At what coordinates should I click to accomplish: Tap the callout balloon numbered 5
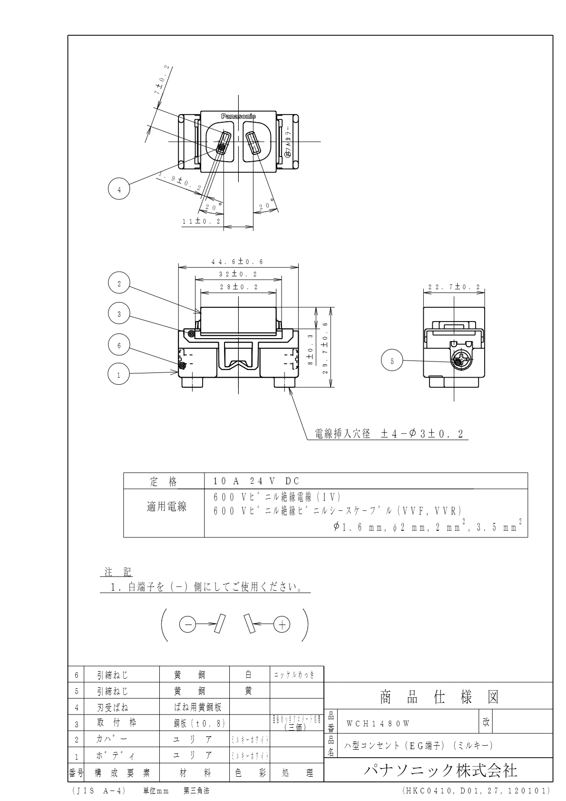pyautogui.click(x=392, y=361)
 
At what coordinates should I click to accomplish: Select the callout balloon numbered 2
pyautogui.click(x=119, y=284)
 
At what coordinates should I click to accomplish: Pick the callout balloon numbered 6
pyautogui.click(x=119, y=346)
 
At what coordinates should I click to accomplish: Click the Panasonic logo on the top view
pyautogui.click(x=238, y=116)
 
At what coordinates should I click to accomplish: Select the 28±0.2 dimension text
pyautogui.click(x=238, y=287)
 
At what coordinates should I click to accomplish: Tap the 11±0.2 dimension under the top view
pyautogui.click(x=202, y=222)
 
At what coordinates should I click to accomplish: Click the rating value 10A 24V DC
pyautogui.click(x=257, y=481)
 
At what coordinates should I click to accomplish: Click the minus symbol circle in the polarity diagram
pyautogui.click(x=187, y=625)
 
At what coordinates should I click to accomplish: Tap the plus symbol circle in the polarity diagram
pyautogui.click(x=282, y=625)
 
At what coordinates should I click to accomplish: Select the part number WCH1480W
pyautogui.click(x=378, y=723)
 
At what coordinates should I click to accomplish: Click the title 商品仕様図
pyautogui.click(x=439, y=697)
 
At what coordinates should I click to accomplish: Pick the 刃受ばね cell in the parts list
pyautogui.click(x=113, y=707)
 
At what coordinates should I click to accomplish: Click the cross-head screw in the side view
pyautogui.click(x=459, y=360)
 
